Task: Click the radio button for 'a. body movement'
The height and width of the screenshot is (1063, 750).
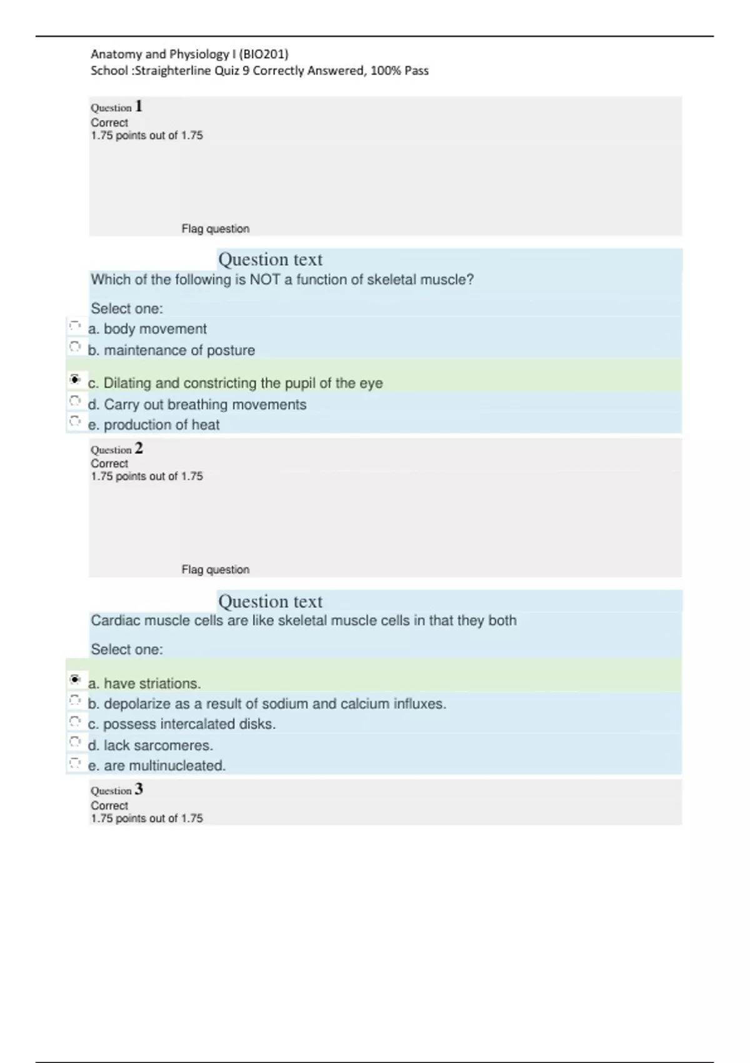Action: (75, 326)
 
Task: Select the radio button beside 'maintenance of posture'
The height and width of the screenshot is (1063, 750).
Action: (75, 346)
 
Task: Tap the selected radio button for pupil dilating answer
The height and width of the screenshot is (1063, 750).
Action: (75, 379)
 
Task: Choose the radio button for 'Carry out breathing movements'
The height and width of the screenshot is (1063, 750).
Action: (75, 401)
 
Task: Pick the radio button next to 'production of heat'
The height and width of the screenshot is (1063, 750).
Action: (75, 421)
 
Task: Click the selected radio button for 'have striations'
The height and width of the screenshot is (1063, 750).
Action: (75, 679)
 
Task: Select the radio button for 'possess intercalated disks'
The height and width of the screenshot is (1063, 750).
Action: (75, 721)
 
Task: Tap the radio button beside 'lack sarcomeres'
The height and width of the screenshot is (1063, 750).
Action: (75, 742)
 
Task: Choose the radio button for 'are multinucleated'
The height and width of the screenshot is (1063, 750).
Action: (75, 763)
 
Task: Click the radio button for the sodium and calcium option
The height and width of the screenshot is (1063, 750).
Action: (75, 700)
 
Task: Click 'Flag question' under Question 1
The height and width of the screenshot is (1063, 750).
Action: (215, 229)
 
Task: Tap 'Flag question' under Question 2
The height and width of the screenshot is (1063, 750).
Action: (215, 570)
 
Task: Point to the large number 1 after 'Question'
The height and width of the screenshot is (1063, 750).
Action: (139, 106)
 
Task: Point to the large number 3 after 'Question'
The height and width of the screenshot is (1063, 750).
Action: (139, 789)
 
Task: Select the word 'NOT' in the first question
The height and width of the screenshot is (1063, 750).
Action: (264, 280)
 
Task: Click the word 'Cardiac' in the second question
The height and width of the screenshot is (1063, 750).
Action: (113, 620)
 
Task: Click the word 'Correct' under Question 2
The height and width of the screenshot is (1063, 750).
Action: (109, 463)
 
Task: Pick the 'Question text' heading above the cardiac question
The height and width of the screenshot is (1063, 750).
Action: (270, 602)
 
